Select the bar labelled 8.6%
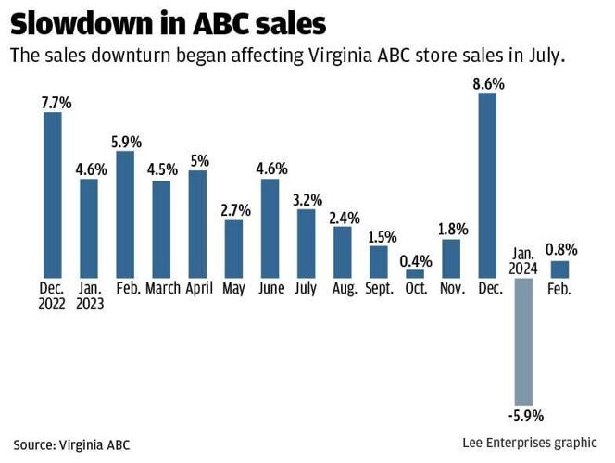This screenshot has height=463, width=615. (x=487, y=185)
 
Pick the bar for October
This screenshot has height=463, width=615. (x=415, y=274)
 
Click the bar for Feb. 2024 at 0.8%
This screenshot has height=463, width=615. (x=559, y=269)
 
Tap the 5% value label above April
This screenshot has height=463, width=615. (x=198, y=160)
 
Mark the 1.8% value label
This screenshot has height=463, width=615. (x=451, y=229)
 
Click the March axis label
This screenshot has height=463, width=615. (x=162, y=289)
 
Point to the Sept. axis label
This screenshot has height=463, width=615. (x=379, y=289)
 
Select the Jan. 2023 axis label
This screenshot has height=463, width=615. (x=90, y=296)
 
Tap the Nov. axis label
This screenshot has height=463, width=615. (x=451, y=289)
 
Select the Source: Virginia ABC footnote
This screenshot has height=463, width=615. (x=71, y=444)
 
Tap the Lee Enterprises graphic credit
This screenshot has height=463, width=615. (x=529, y=443)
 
